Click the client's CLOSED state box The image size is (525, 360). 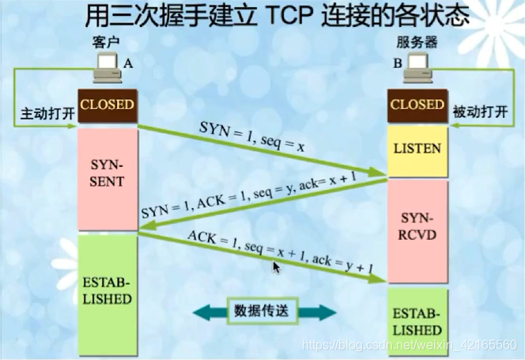click(x=106, y=104)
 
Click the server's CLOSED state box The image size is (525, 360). click(x=417, y=104)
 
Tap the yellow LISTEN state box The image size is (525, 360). click(x=417, y=149)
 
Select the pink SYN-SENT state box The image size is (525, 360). click(x=106, y=181)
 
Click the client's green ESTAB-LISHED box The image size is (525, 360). click(x=106, y=291)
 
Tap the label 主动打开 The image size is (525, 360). click(x=45, y=114)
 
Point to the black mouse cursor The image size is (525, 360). click(x=276, y=268)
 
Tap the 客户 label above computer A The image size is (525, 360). click(x=104, y=47)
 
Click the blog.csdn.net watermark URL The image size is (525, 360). click(x=410, y=347)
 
